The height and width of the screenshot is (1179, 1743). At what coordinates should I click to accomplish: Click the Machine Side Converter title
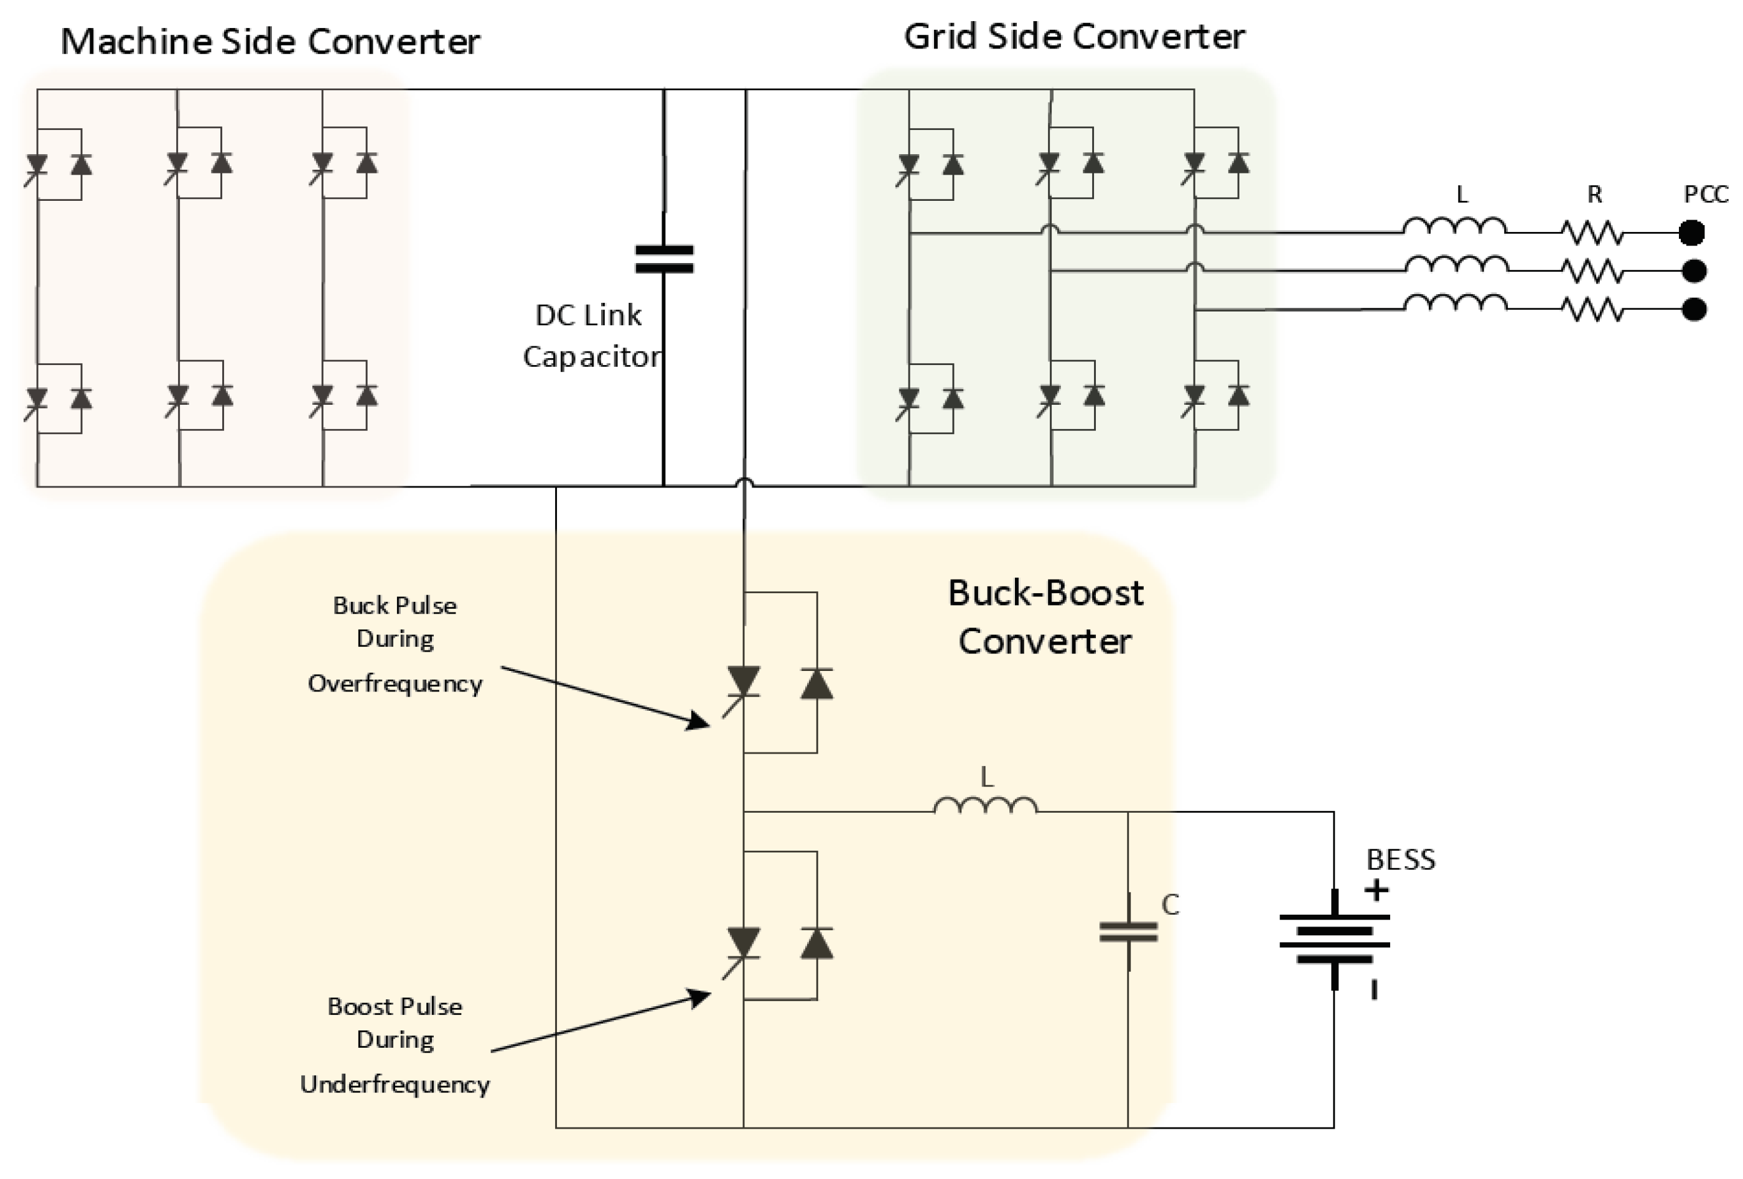270,41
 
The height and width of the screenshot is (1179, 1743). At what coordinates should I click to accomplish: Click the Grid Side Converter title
1074,37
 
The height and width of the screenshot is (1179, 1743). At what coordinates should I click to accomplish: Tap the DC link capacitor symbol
664,259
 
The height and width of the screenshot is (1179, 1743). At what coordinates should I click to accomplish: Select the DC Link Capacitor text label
591,335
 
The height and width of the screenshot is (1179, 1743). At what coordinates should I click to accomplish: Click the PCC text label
1706,195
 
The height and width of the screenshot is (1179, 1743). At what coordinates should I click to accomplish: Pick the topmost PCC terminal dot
1691,233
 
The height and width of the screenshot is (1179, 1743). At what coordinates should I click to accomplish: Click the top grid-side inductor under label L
1454,226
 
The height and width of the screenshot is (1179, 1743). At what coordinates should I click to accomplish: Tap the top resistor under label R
1593,233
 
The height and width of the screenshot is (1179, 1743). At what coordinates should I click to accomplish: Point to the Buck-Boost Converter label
1045,617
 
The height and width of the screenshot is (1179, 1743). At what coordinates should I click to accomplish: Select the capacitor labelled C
1128,932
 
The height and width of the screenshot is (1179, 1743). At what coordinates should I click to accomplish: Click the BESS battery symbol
1334,938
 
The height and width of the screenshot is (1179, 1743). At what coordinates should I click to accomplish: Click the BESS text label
1400,860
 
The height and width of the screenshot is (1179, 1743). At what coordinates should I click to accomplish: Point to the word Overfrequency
395,683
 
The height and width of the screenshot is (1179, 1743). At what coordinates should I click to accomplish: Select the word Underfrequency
395,1084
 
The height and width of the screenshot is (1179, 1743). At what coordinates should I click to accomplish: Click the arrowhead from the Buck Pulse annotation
701,722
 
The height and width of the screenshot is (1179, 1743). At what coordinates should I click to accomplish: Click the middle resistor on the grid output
1593,270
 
